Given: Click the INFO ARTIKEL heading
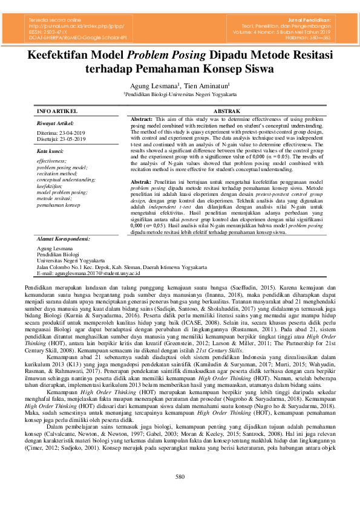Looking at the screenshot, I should [x=57, y=112].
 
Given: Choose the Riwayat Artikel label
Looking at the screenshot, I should [x=55, y=123].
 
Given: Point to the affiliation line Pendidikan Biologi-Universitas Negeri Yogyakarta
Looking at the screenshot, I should [x=180, y=96].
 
